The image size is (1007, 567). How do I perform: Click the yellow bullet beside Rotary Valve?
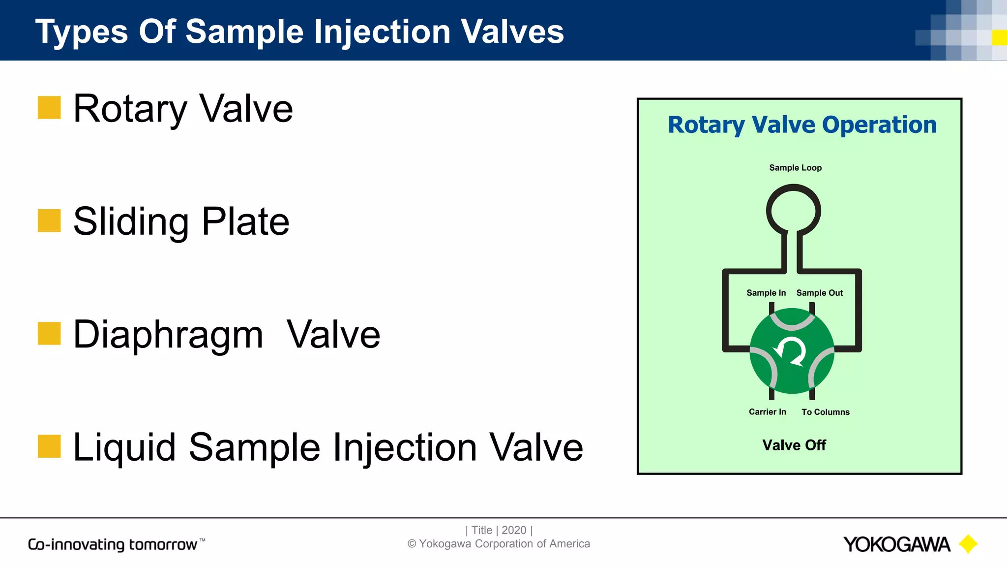(x=49, y=107)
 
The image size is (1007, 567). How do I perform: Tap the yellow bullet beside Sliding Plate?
(x=49, y=220)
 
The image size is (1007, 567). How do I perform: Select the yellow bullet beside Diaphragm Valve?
(x=49, y=333)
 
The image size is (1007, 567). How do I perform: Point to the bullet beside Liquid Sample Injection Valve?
(x=49, y=446)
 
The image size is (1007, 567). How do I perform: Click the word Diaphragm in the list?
(x=168, y=335)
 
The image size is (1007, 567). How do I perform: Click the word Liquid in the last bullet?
(x=124, y=448)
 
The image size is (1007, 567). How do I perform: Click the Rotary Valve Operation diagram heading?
(x=802, y=125)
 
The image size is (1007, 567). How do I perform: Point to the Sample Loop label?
(x=795, y=168)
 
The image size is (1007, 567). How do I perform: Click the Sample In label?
(x=766, y=293)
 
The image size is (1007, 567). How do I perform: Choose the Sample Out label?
(x=819, y=293)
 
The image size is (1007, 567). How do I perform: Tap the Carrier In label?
(x=767, y=412)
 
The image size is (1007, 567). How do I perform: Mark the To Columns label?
(x=825, y=412)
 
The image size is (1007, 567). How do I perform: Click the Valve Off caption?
(x=794, y=445)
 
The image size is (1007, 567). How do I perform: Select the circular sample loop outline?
(x=793, y=188)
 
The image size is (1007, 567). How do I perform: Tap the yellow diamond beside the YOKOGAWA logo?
(x=968, y=544)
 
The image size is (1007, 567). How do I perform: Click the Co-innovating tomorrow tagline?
(x=113, y=544)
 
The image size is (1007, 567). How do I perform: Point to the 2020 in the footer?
(x=514, y=530)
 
